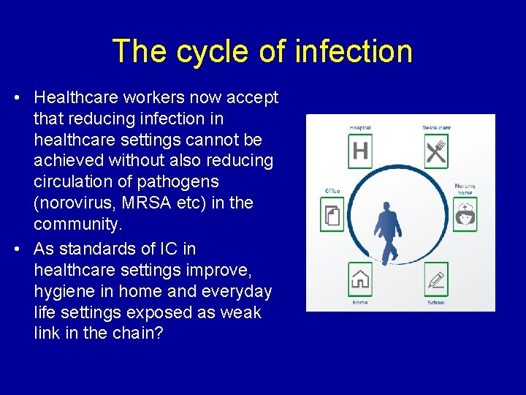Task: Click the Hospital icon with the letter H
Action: tap(360, 151)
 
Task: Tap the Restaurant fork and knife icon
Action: tap(435, 151)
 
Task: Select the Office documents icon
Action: tap(332, 214)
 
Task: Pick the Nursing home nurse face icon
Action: tap(465, 214)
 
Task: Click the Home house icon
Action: tap(360, 279)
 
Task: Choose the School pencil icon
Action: tap(435, 279)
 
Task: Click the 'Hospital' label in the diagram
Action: tap(360, 128)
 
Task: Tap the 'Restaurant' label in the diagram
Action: tap(436, 128)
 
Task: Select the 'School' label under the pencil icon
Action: tap(435, 302)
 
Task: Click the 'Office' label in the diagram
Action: tap(332, 191)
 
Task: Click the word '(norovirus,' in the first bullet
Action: tap(74, 202)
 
